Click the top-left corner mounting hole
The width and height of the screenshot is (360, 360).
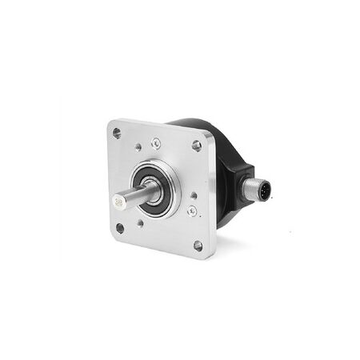(x=117, y=133)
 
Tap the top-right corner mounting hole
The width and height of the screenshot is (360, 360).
(x=196, y=145)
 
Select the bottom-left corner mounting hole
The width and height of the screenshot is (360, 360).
(x=120, y=228)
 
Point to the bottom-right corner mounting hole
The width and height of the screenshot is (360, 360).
(x=198, y=246)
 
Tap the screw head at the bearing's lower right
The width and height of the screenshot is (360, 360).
(x=192, y=211)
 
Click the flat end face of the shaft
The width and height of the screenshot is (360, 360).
(x=120, y=203)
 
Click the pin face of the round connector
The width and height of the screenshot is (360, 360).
(x=262, y=192)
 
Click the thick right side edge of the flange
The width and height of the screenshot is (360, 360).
(x=212, y=200)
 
